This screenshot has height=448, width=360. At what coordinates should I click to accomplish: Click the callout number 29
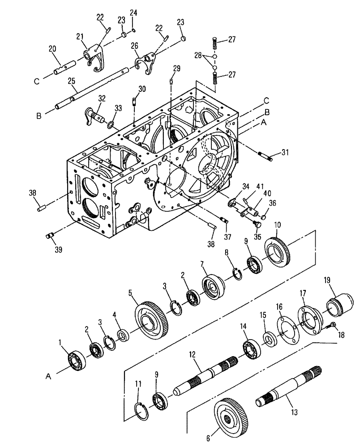176,68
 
